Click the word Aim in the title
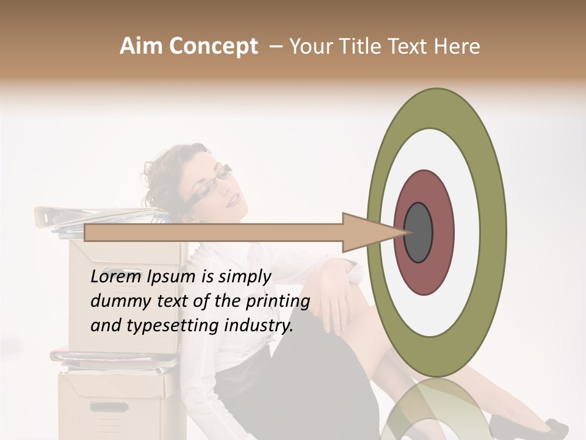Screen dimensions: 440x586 [x=142, y=46]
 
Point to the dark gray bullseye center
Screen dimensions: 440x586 [x=418, y=232]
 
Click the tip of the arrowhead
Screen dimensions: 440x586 [x=408, y=232]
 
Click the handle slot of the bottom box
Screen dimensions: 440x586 [x=109, y=406]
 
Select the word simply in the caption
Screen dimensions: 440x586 [x=245, y=277]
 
